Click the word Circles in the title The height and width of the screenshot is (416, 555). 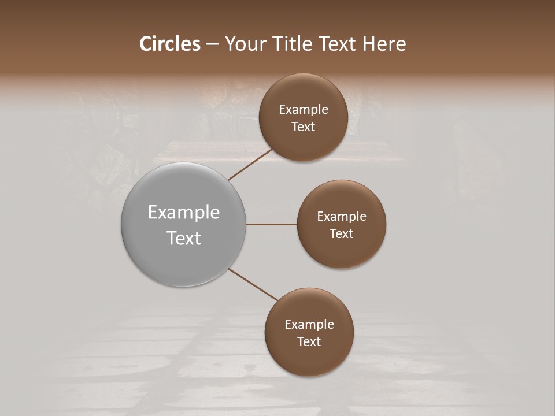(x=170, y=44)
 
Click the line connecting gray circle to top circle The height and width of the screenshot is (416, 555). (x=251, y=164)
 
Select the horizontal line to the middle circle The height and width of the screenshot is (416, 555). (x=272, y=224)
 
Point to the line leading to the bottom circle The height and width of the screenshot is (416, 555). (x=253, y=284)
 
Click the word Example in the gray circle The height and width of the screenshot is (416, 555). (x=184, y=213)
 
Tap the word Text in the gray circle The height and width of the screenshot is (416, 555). (x=184, y=238)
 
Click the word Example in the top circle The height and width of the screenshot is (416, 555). (x=304, y=110)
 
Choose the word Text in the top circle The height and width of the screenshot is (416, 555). (x=304, y=127)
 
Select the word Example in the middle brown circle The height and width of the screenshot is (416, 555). (x=342, y=217)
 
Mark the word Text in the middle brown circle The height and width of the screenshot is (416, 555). (x=342, y=234)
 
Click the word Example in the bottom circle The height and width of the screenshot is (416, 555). (x=309, y=325)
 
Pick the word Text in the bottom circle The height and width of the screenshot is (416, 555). (x=309, y=342)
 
